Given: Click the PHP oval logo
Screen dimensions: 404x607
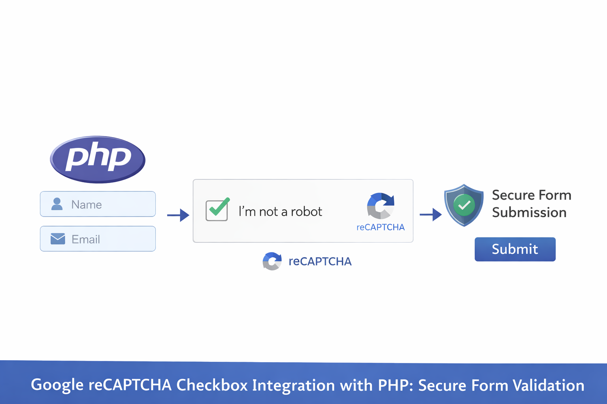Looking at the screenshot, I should (x=98, y=159).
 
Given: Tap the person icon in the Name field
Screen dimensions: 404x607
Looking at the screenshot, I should (x=57, y=204).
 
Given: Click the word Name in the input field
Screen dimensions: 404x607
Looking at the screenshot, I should (x=87, y=205).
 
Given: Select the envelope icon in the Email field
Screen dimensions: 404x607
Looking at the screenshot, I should (x=58, y=239).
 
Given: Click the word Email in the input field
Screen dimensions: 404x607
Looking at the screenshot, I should (x=86, y=239).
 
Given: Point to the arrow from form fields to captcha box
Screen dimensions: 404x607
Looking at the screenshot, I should (x=178, y=215).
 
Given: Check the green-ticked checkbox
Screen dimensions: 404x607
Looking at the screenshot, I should (x=217, y=209).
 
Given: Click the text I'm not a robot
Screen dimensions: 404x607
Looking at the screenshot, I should (x=280, y=212).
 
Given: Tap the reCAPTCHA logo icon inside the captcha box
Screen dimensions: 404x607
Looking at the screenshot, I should (x=381, y=206).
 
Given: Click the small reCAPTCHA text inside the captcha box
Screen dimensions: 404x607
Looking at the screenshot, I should (x=381, y=227).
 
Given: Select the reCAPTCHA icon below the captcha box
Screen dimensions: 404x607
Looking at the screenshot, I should (x=272, y=261).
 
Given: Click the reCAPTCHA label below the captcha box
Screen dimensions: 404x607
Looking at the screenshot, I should (x=320, y=262).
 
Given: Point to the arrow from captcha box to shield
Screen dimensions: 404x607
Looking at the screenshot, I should (x=431, y=215).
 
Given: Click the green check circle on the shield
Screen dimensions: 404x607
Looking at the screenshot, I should (x=464, y=205).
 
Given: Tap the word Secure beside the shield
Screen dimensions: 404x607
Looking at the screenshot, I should (x=513, y=195).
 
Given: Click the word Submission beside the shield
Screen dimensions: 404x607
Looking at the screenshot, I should (x=529, y=213).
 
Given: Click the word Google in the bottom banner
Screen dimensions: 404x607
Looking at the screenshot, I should (x=57, y=385).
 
